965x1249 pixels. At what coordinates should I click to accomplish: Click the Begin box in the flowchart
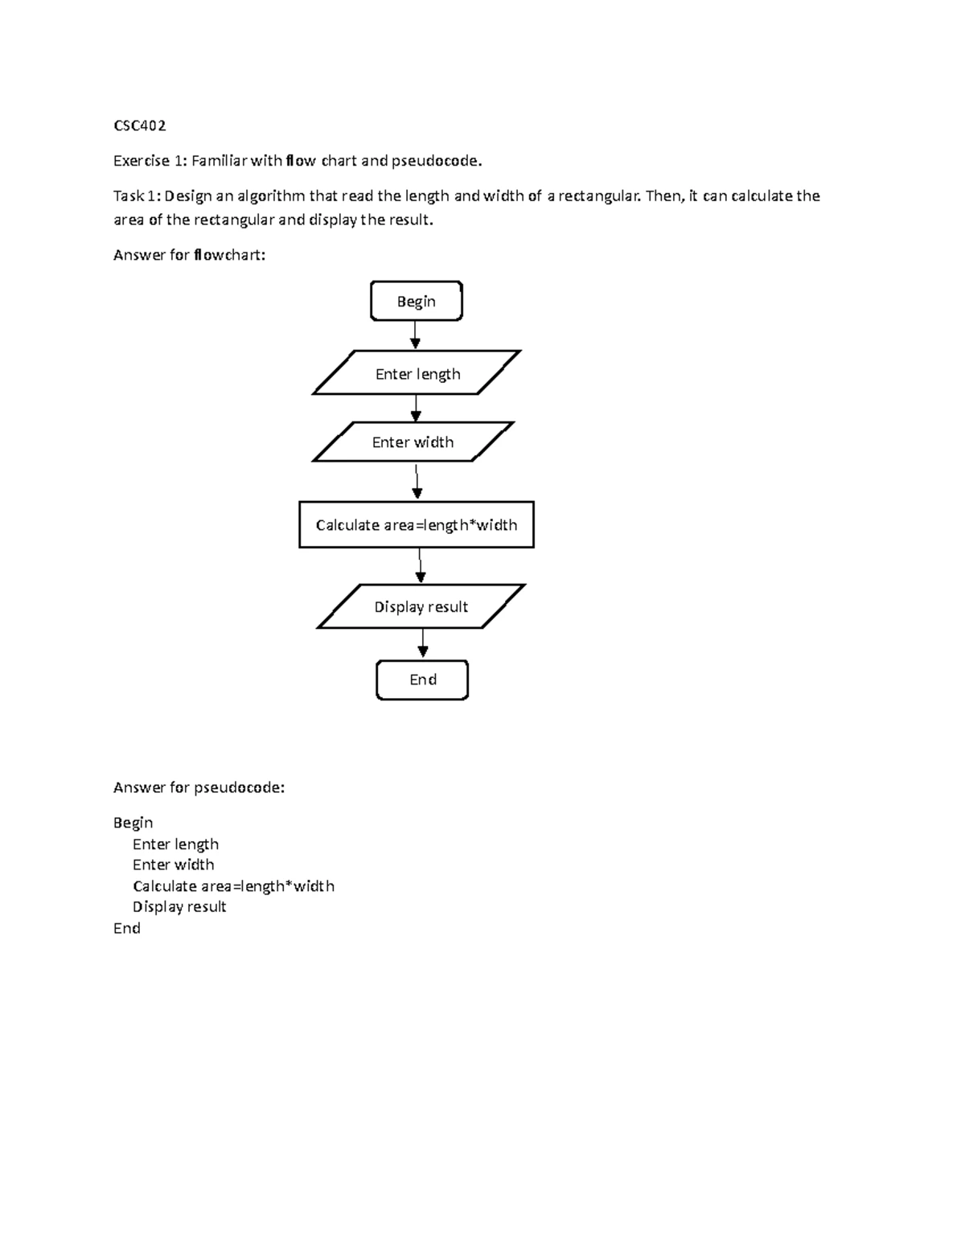(x=416, y=302)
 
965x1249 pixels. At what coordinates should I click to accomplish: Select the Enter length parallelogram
(x=417, y=373)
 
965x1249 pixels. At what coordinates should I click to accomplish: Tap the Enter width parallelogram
(x=413, y=442)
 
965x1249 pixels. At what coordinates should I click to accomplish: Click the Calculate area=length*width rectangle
(x=416, y=525)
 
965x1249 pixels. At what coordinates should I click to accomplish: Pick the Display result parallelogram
(x=421, y=606)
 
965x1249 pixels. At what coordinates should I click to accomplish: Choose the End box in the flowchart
(x=422, y=680)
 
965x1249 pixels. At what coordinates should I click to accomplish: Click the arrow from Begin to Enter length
(x=415, y=335)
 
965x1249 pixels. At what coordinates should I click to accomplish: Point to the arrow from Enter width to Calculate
(x=417, y=482)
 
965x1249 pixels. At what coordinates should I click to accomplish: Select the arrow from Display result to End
(x=423, y=643)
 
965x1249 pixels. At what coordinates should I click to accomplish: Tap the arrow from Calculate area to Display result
(x=420, y=565)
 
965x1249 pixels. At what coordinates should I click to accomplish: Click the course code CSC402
(x=140, y=125)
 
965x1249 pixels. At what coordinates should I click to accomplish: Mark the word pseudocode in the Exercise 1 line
(x=437, y=161)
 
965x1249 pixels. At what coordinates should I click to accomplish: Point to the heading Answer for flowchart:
(x=189, y=255)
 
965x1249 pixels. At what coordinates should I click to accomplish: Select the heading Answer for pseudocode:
(x=199, y=787)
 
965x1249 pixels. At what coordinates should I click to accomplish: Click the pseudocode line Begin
(x=133, y=823)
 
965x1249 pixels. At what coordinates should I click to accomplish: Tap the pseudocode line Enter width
(x=173, y=865)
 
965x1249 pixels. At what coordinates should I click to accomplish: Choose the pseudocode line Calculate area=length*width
(x=233, y=885)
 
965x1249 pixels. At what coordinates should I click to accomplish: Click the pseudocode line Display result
(x=179, y=906)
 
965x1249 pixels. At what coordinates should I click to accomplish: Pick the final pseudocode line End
(x=127, y=928)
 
